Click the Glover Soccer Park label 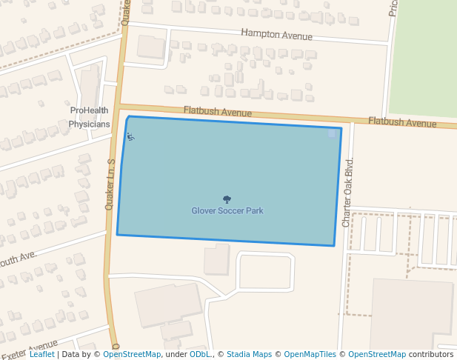[227, 211]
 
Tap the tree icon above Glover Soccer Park [227, 199]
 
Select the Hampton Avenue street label [276, 35]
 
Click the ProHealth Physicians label [90, 117]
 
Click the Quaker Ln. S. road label [110, 184]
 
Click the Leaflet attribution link [41, 355]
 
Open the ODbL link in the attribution [200, 355]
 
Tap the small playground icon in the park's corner [130, 136]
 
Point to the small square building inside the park [332, 133]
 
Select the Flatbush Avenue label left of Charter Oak [218, 113]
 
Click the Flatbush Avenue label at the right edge [402, 122]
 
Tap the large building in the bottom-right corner [411, 315]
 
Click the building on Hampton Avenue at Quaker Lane [152, 47]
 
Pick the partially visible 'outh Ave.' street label [19, 259]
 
